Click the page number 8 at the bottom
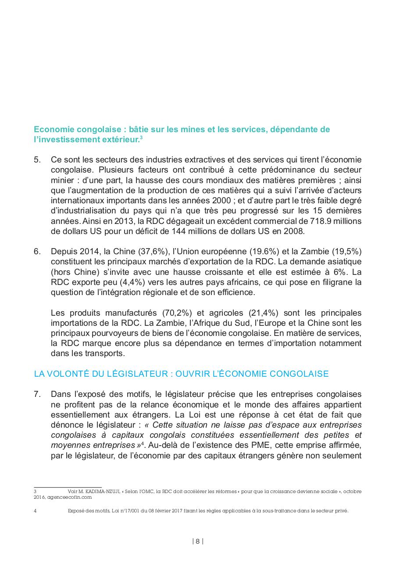pyautogui.click(x=198, y=541)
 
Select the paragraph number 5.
pyautogui.click(x=37, y=160)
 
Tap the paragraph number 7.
pyautogui.click(x=37, y=393)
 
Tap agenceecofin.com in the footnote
pyautogui.click(x=68, y=497)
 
